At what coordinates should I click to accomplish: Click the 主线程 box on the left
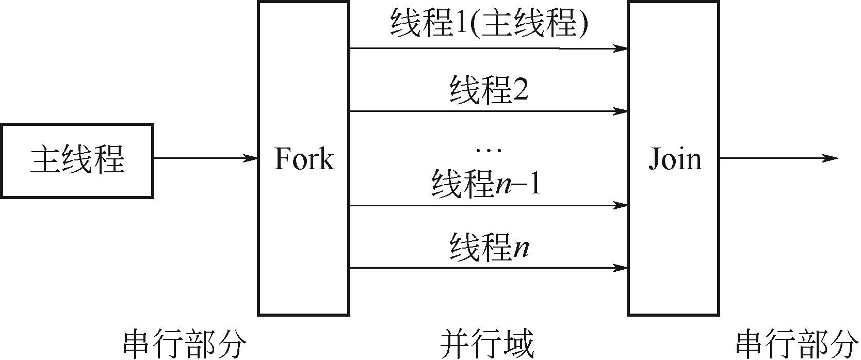77,160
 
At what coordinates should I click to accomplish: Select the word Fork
303,159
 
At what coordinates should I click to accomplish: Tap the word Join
675,159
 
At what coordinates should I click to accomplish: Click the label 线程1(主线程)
489,25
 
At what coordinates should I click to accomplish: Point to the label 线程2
489,90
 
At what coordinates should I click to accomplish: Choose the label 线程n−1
486,184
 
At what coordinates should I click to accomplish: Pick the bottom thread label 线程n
489,248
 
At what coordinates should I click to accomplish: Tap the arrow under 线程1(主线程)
488,49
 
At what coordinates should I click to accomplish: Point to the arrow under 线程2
488,111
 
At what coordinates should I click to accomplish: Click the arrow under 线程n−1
488,206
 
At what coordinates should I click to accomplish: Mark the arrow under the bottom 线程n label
488,268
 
